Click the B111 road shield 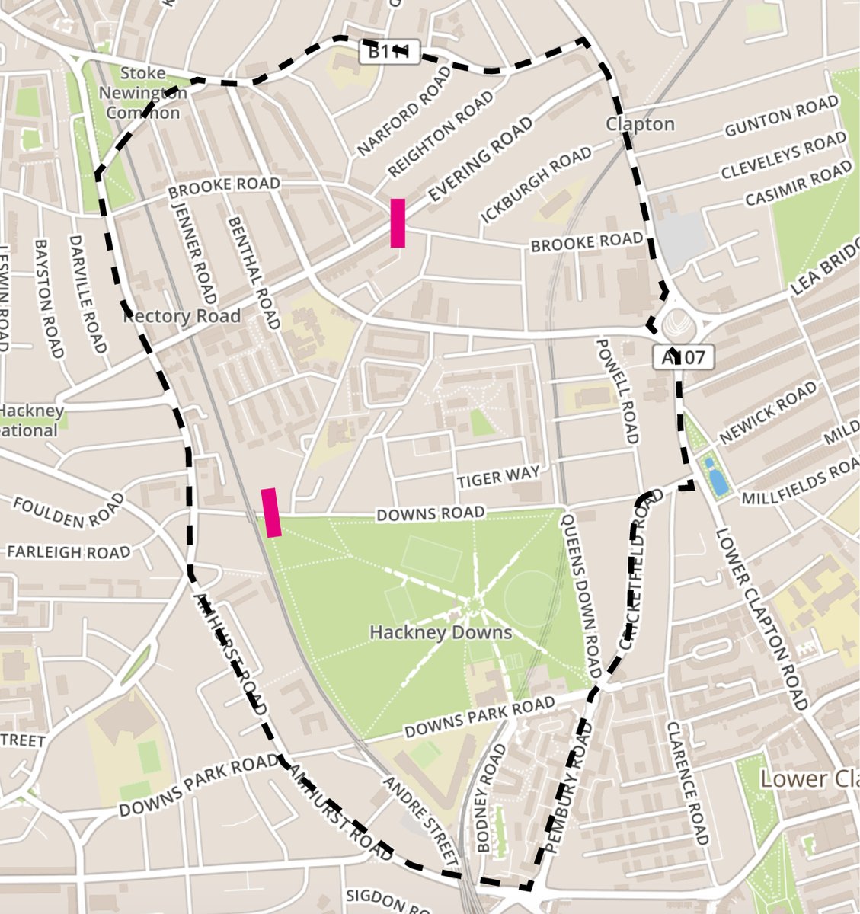[x=389, y=52]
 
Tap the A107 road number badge [x=683, y=356]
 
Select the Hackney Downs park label [x=440, y=632]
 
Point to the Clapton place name [x=640, y=124]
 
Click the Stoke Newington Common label [x=143, y=93]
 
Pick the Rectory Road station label [x=182, y=315]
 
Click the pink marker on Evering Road [x=397, y=222]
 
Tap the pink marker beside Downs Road [x=271, y=513]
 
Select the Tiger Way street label [x=498, y=478]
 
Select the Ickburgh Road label [x=536, y=185]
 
